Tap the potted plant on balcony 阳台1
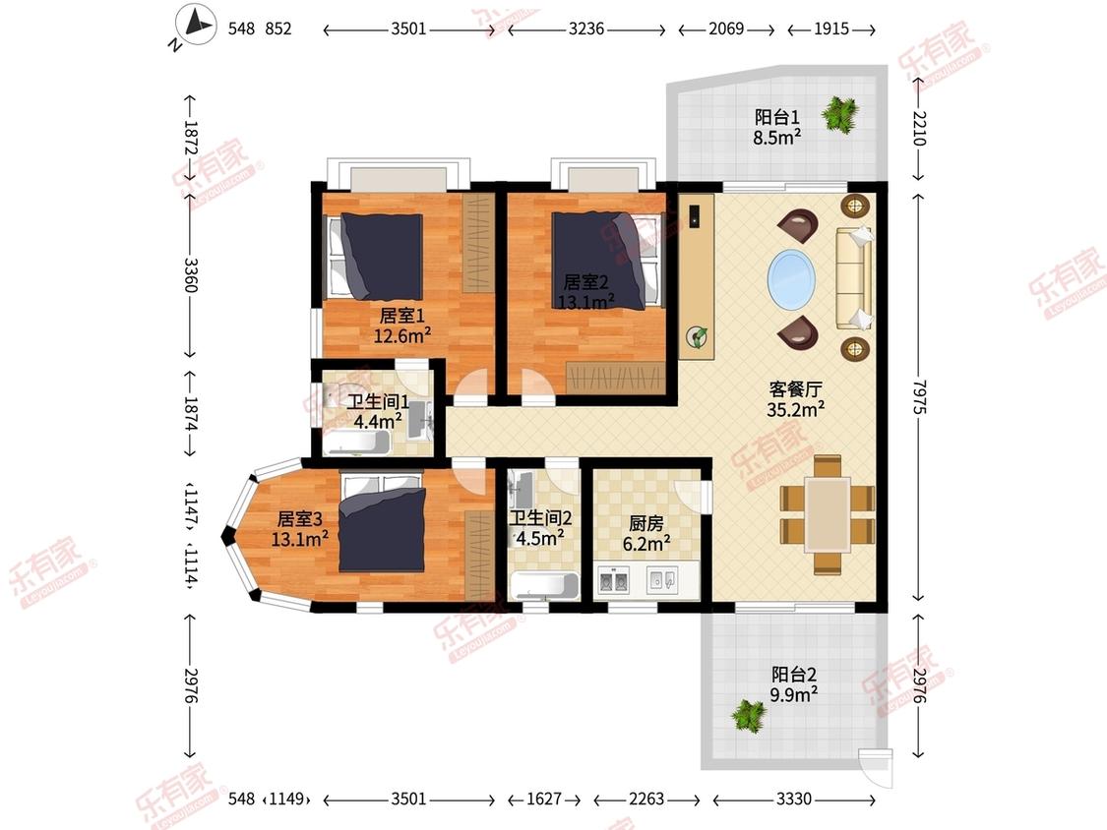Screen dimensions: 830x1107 (839, 113)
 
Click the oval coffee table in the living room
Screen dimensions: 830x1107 (791, 279)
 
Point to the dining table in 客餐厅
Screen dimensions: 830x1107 (827, 514)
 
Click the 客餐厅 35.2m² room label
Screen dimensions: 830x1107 (795, 398)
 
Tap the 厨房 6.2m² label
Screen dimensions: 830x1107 (646, 531)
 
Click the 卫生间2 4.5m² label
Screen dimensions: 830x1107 (536, 527)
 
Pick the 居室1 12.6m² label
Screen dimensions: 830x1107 (401, 326)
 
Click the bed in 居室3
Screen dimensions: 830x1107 (382, 521)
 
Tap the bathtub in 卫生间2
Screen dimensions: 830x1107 (544, 586)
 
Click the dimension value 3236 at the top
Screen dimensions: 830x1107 (586, 30)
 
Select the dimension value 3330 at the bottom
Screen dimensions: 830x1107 (793, 799)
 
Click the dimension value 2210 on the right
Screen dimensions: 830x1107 (919, 129)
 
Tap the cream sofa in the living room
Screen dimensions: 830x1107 (853, 278)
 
